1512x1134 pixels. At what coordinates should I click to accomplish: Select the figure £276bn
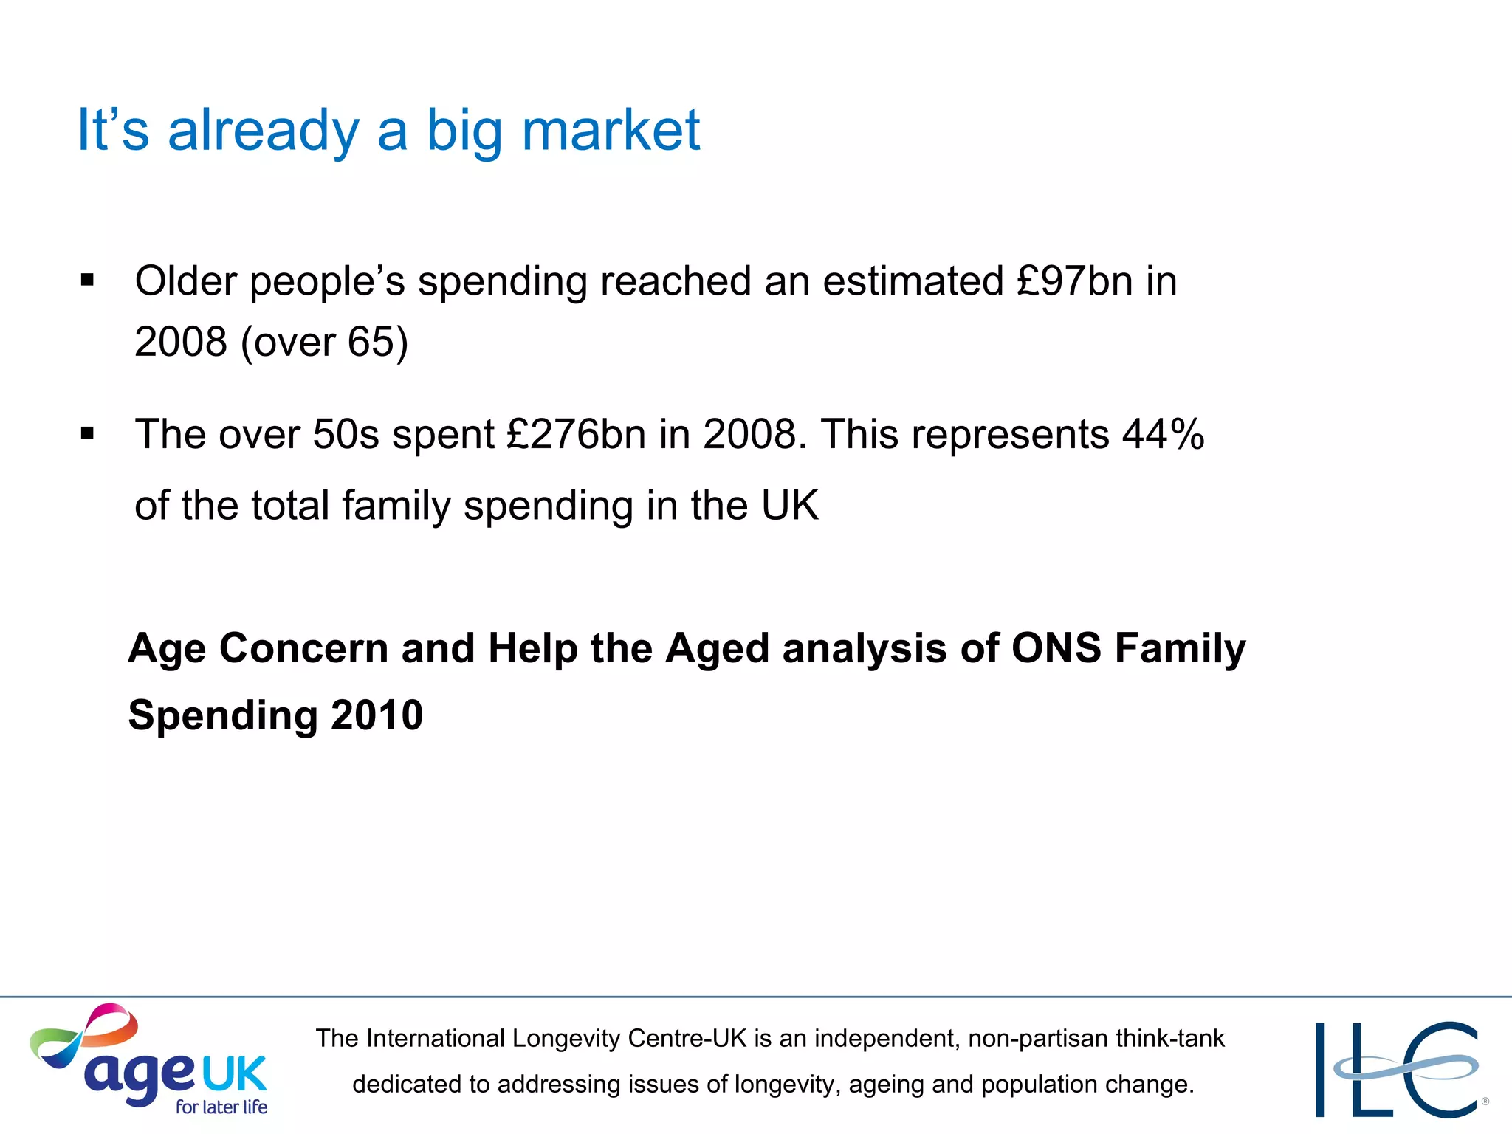coord(576,434)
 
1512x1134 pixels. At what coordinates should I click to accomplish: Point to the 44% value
coord(1163,434)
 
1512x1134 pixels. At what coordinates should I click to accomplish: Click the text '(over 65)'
coord(324,342)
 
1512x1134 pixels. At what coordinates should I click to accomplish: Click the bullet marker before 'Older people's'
coord(88,281)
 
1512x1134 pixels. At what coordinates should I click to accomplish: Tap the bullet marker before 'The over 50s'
coord(88,433)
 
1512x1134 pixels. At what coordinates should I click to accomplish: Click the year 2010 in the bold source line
coord(377,715)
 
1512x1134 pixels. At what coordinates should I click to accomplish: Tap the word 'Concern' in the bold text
coord(303,648)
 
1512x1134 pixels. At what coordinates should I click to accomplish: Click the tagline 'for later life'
coord(221,1107)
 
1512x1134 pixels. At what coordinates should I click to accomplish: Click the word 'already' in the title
coord(264,131)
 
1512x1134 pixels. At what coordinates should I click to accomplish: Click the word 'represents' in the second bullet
coord(1010,434)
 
